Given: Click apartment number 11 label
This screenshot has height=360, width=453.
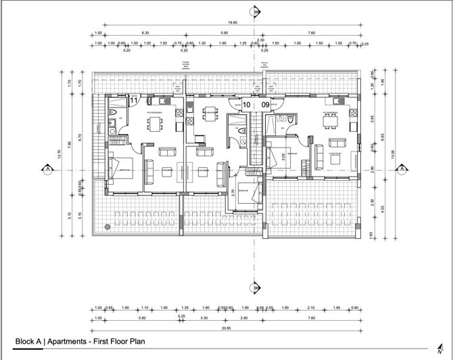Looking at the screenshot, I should [x=134, y=100].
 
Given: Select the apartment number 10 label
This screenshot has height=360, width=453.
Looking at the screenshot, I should [x=247, y=105].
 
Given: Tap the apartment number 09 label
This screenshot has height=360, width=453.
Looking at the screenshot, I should [x=265, y=105].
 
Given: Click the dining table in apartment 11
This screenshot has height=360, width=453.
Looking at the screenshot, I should [x=155, y=123].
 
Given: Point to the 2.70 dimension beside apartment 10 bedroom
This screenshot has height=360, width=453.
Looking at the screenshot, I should [x=233, y=193].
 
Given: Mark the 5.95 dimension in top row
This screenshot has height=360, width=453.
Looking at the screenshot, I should [x=224, y=32].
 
